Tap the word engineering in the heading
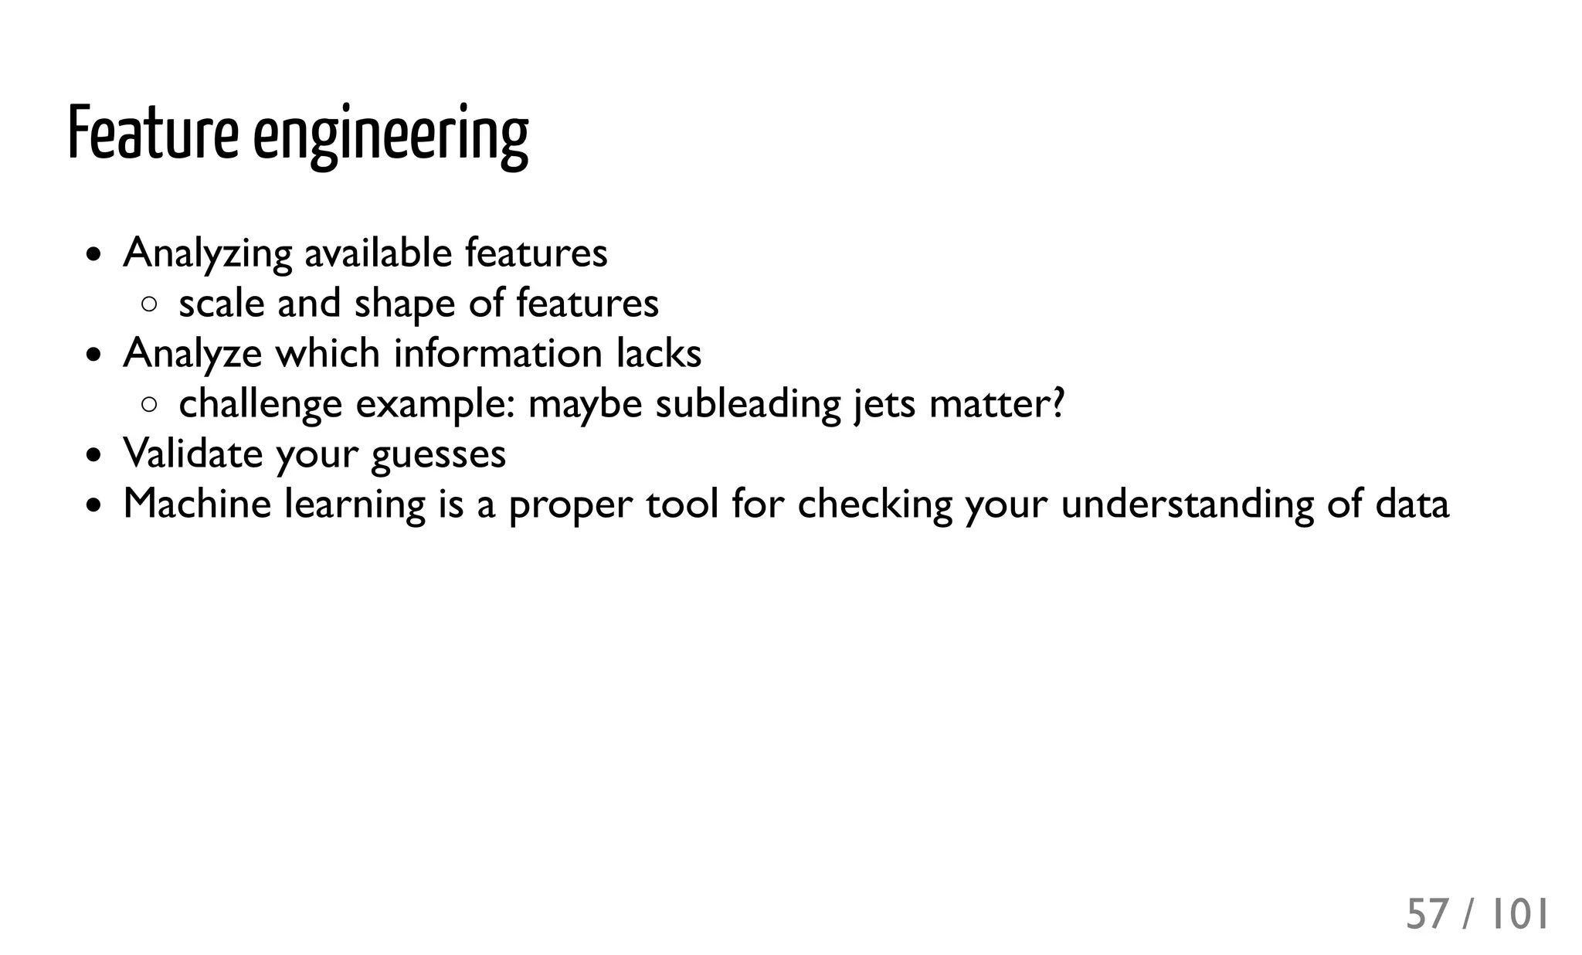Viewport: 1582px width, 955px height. (x=391, y=136)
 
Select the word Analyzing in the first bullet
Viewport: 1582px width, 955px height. (x=207, y=253)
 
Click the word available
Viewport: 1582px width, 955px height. (x=378, y=253)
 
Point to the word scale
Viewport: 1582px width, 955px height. (x=221, y=303)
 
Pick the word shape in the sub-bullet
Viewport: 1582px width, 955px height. (x=405, y=304)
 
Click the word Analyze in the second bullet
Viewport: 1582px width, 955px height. (x=192, y=354)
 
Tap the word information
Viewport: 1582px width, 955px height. (x=498, y=353)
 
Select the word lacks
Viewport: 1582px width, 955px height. (x=659, y=353)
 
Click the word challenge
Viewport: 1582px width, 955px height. (x=260, y=404)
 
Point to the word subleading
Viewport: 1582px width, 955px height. (x=748, y=404)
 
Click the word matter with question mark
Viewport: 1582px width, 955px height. (x=997, y=403)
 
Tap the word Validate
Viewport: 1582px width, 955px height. (x=192, y=453)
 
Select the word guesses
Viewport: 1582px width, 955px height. (x=438, y=454)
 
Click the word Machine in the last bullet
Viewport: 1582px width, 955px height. (x=197, y=504)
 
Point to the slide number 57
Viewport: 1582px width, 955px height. (x=1427, y=915)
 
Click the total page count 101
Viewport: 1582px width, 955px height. (x=1518, y=915)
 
